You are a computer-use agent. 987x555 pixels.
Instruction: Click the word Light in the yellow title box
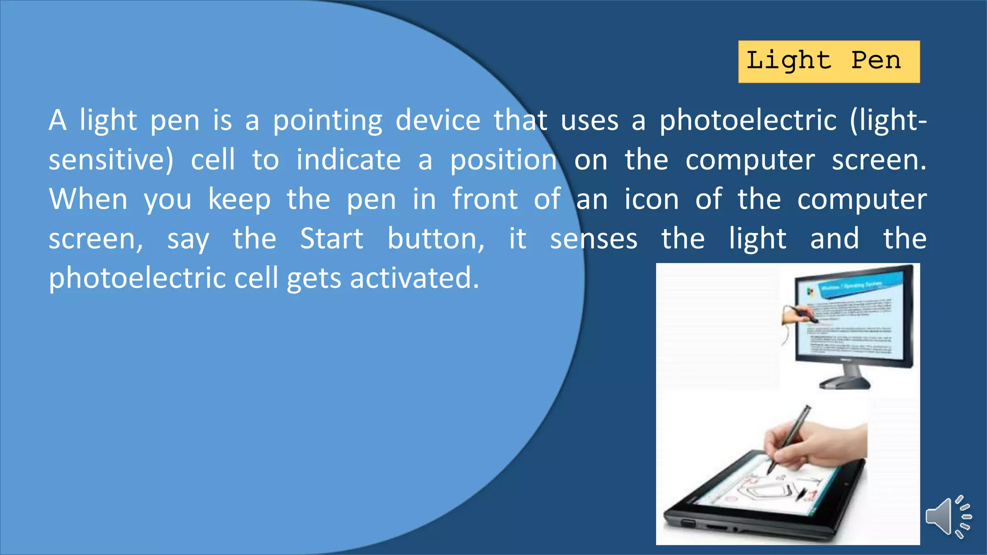[x=788, y=61]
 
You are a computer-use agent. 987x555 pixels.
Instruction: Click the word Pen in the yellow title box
[x=876, y=61]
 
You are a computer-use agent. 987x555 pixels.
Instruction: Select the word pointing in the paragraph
[x=328, y=120]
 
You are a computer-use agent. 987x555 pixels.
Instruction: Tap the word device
[x=438, y=120]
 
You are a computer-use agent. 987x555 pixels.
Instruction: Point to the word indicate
[x=348, y=160]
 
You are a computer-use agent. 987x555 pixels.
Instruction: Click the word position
[x=503, y=161]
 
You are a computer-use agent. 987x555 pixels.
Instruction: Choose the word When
[x=88, y=199]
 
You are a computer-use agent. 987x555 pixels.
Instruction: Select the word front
[x=485, y=199]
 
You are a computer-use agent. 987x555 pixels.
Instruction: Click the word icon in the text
[x=652, y=199]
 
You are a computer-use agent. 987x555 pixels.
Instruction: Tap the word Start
[x=332, y=239]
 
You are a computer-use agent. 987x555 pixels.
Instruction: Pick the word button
[x=436, y=239]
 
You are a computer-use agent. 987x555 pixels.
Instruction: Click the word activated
[x=414, y=278]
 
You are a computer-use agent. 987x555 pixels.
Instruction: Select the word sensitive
[x=110, y=160]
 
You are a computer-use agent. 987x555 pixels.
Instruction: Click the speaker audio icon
[x=947, y=516]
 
